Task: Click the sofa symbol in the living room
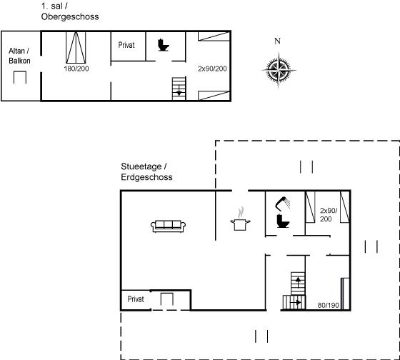pos(168,226)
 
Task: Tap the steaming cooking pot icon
pos(240,222)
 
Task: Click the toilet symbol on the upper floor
pos(164,45)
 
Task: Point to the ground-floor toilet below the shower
pos(283,221)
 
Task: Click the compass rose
pos(279,70)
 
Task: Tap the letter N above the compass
pos(277,41)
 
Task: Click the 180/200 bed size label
pos(76,69)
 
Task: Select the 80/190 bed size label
pos(328,305)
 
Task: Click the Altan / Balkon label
pos(19,56)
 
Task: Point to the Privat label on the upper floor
pos(126,45)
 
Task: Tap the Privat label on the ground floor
pos(136,299)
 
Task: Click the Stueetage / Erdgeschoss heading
pos(146,171)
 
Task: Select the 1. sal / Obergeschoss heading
pos(70,11)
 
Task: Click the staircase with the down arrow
pos(179,89)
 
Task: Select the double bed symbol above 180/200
pos(76,47)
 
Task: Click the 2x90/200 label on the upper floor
pos(212,69)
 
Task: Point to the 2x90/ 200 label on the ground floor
pos(329,214)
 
